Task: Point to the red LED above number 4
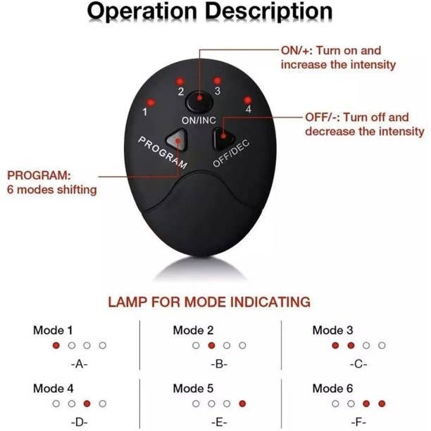coord(247,99)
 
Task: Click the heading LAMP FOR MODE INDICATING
coord(208,302)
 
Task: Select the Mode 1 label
coord(54,330)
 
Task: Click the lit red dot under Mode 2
coord(211,346)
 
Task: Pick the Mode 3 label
coord(333,330)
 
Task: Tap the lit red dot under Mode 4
coord(87,404)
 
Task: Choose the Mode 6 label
coord(333,388)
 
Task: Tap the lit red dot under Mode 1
coord(56,346)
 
